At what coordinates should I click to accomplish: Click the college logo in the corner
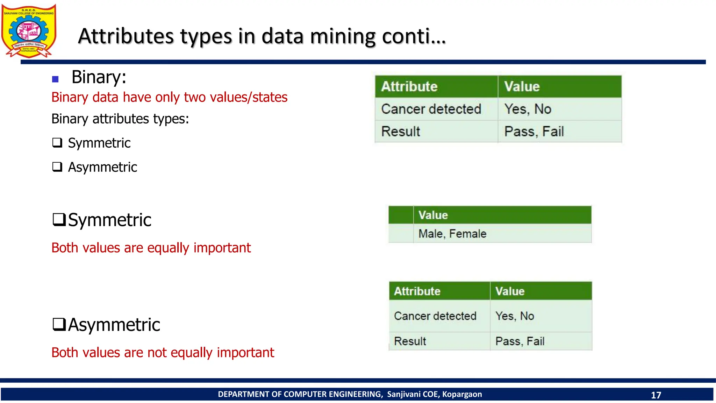pyautogui.click(x=29, y=31)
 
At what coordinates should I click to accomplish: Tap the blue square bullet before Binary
pyautogui.click(x=55, y=79)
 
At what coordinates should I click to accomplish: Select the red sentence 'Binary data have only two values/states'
pyautogui.click(x=169, y=97)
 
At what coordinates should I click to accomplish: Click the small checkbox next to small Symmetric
pyautogui.click(x=57, y=143)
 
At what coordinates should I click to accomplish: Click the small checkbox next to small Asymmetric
pyautogui.click(x=57, y=167)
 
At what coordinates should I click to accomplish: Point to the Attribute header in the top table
pyautogui.click(x=409, y=86)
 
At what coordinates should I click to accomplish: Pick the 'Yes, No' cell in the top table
pyautogui.click(x=528, y=109)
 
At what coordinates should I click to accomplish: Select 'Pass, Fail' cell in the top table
pyautogui.click(x=534, y=132)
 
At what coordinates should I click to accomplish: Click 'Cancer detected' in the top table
pyautogui.click(x=431, y=109)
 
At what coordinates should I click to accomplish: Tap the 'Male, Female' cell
pyautogui.click(x=452, y=234)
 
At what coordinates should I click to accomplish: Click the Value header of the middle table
pyautogui.click(x=433, y=215)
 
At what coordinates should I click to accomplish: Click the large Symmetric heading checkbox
pyautogui.click(x=59, y=220)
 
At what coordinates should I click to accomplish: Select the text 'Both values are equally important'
pyautogui.click(x=151, y=248)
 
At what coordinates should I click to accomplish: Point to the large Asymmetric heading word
pyautogui.click(x=114, y=325)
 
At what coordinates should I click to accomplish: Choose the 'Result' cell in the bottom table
pyautogui.click(x=410, y=341)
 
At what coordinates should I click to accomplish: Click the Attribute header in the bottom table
pyautogui.click(x=417, y=291)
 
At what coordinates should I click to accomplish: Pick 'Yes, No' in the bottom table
pyautogui.click(x=515, y=316)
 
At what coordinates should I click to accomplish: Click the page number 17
pyautogui.click(x=656, y=395)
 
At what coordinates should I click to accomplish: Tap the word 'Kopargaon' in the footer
pyautogui.click(x=462, y=394)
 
